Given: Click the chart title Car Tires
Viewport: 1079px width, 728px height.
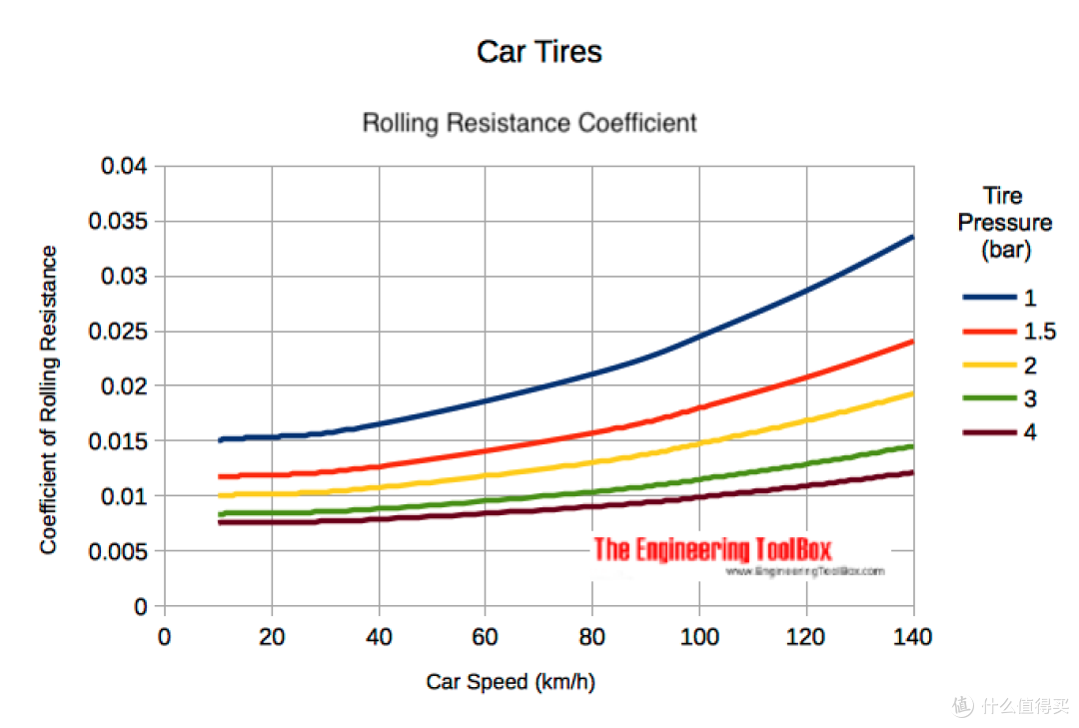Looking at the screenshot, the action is [539, 52].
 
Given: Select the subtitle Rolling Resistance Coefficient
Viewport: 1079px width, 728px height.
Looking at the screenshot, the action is [530, 123].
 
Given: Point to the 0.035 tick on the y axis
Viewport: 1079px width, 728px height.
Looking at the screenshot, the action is [118, 221].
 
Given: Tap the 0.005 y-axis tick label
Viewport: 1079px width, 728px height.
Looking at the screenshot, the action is [118, 551].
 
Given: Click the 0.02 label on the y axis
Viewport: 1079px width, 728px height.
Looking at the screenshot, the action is [124, 386].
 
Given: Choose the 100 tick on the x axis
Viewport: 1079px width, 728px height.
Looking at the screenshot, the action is [699, 637].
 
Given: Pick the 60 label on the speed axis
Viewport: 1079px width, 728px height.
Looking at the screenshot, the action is [485, 637].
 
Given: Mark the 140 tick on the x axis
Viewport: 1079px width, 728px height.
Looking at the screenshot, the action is [912, 637].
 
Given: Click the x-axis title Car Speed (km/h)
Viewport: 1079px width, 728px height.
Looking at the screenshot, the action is [511, 681].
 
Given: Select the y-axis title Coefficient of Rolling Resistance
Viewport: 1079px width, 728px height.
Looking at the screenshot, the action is [48, 399].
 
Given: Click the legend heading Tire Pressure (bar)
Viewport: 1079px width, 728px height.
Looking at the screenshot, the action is [1005, 223].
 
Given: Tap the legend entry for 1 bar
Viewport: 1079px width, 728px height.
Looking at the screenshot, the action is [999, 298].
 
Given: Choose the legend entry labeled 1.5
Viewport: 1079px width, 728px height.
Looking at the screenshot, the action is [1009, 331].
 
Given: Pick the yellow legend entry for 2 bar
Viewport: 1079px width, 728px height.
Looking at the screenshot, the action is [999, 364].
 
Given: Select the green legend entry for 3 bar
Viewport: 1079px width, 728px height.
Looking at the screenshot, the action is [999, 398].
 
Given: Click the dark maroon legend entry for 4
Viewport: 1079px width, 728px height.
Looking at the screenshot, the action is [999, 432].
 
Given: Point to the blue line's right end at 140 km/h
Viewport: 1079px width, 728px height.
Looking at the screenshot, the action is [913, 237].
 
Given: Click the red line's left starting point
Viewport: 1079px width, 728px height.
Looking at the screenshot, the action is [220, 476].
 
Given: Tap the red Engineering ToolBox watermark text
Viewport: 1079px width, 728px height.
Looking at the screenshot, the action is [713, 549].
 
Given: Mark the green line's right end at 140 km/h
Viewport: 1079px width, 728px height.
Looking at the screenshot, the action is [913, 446].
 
